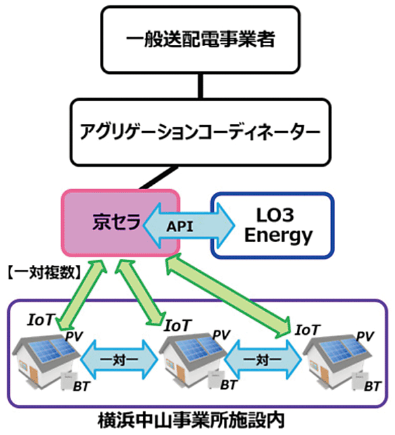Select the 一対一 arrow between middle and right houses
[261, 361]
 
